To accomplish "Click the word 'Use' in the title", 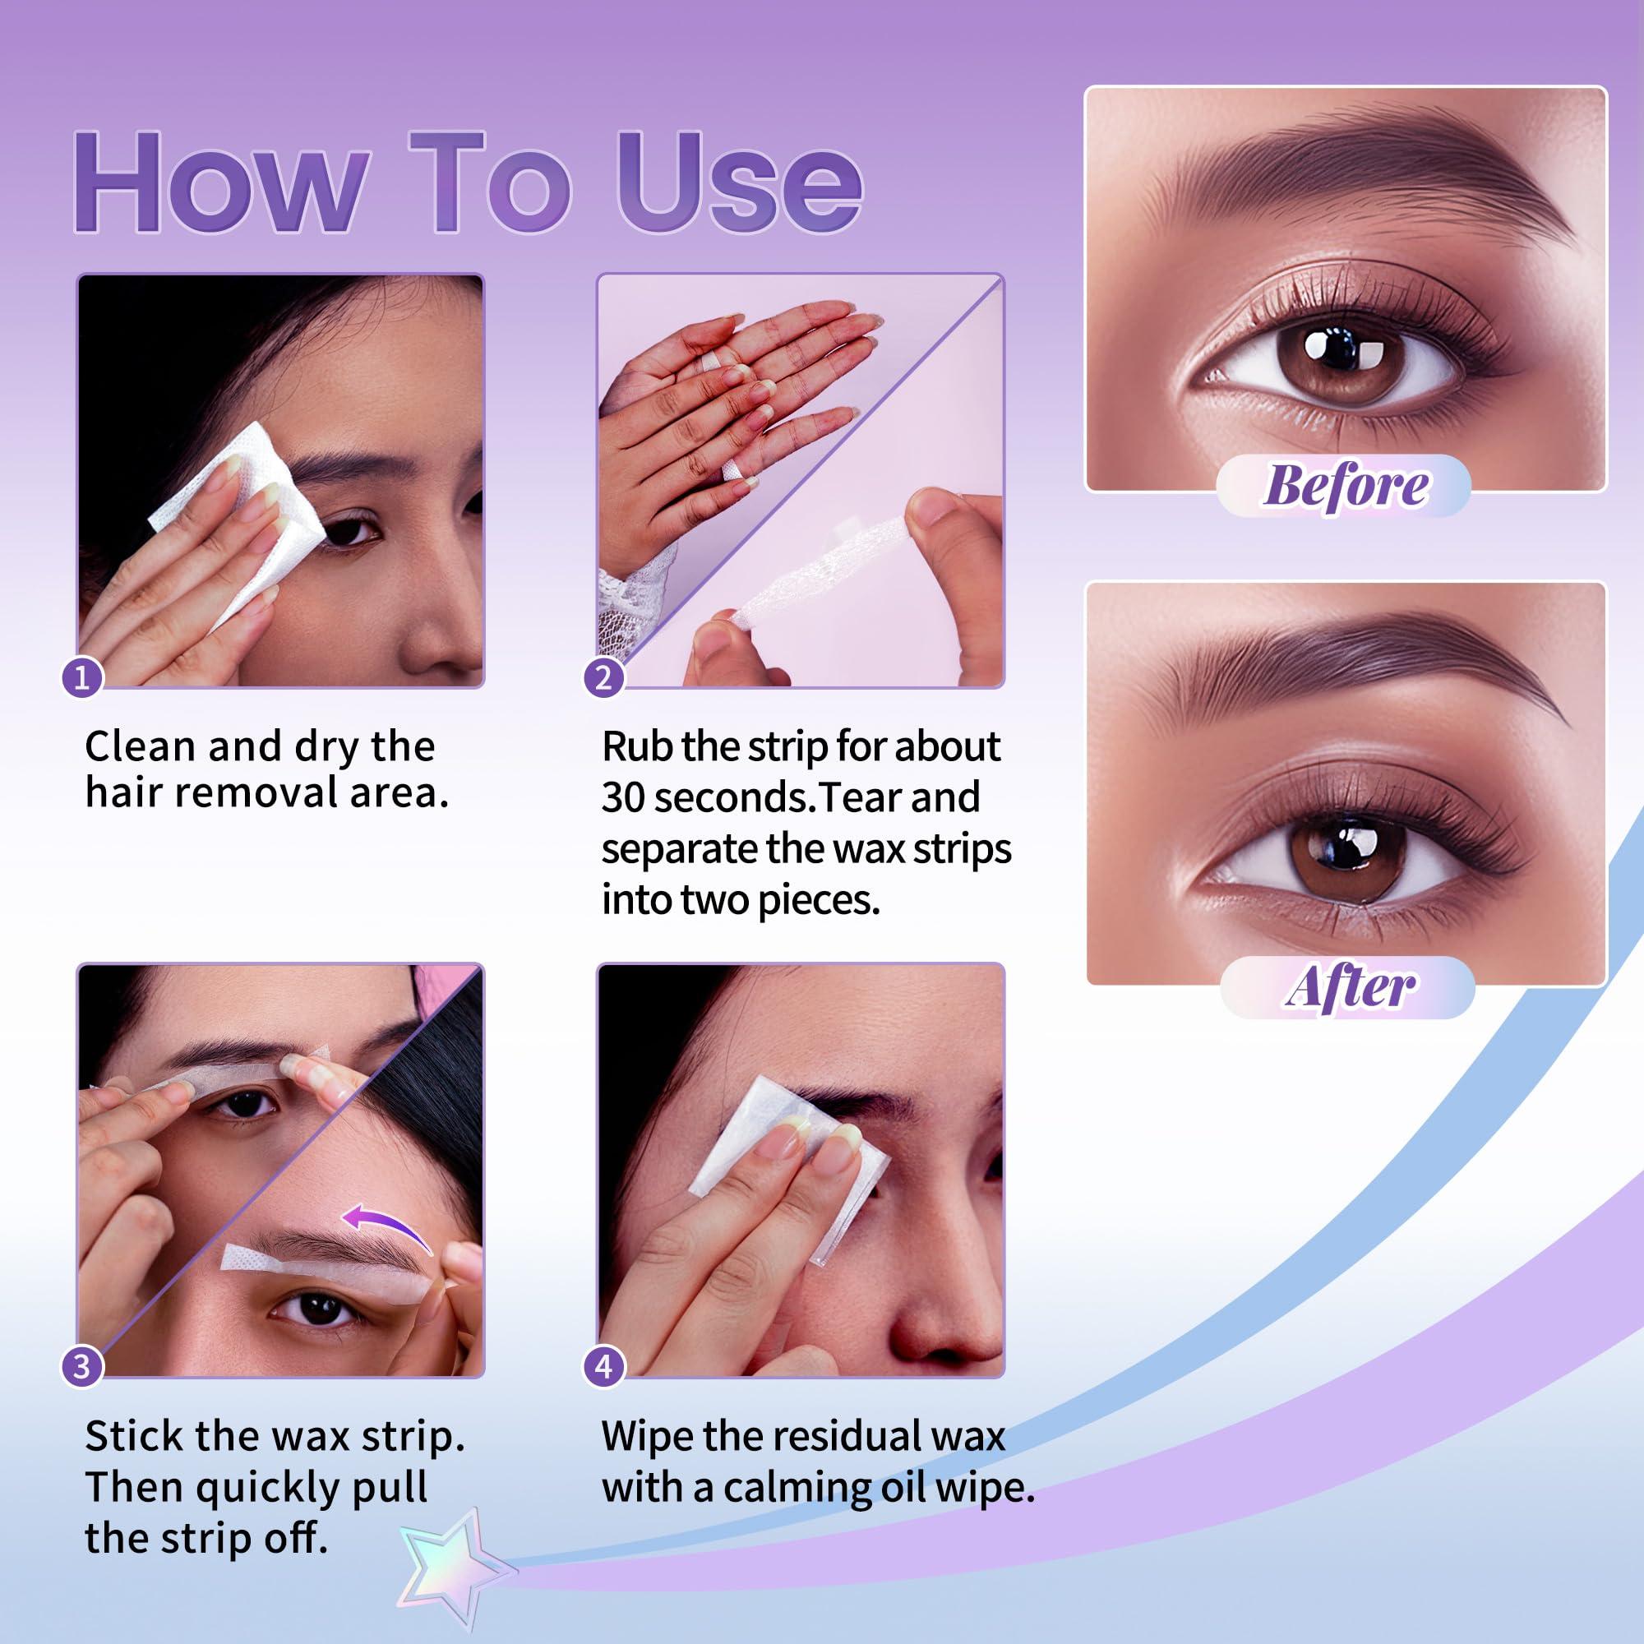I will tap(739, 183).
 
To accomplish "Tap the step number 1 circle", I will tap(81, 678).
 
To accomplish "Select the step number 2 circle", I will tap(603, 678).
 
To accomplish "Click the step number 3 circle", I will tap(81, 1367).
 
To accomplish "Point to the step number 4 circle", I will tap(603, 1367).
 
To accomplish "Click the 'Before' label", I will tap(1345, 486).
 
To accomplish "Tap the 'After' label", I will tap(1349, 987).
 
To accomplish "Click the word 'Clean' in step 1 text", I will tap(141, 746).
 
